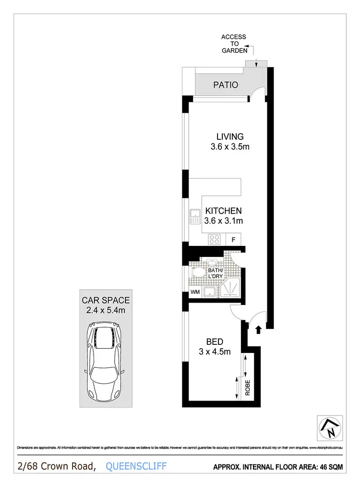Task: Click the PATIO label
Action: (226, 85)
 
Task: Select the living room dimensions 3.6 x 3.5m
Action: (229, 147)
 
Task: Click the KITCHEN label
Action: (223, 211)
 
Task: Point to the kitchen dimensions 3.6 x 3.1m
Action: (223, 221)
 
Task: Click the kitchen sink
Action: (195, 217)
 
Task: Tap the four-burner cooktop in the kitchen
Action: (214, 239)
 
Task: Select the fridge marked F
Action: (234, 239)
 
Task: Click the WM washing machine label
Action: (195, 292)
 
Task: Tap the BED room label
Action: (215, 342)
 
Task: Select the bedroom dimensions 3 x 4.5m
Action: (215, 352)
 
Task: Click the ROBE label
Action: (248, 387)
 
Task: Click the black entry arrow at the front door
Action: (258, 329)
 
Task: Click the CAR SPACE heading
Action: (106, 301)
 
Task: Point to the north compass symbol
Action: (330, 427)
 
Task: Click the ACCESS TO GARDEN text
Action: (234, 43)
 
